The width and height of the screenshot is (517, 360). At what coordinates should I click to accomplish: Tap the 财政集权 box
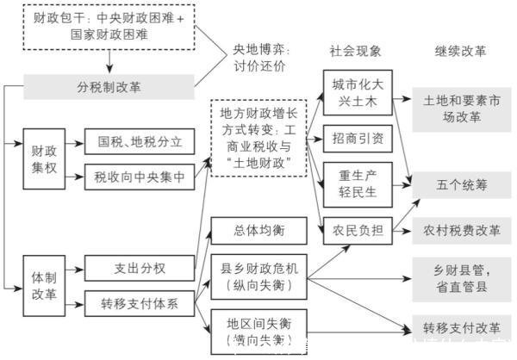[x=44, y=156]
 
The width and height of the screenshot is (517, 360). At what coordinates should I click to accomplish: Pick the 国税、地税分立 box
[x=140, y=141]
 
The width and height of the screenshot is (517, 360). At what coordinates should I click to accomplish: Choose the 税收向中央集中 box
[x=140, y=177]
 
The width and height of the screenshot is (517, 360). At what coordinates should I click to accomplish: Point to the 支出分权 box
[x=140, y=268]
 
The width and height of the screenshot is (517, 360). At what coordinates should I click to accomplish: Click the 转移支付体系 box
[x=140, y=303]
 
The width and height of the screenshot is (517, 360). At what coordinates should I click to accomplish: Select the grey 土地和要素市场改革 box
[x=462, y=109]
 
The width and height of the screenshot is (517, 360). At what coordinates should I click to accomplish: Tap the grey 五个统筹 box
[x=462, y=183]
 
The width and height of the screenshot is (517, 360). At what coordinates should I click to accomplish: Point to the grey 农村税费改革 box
[x=462, y=230]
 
